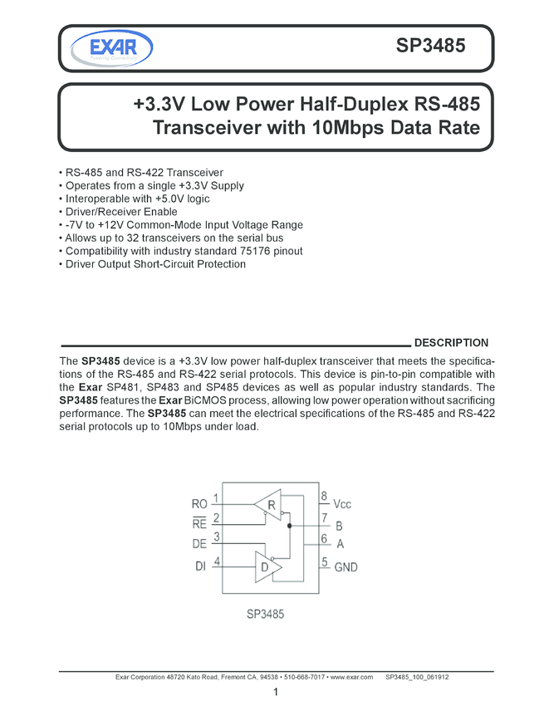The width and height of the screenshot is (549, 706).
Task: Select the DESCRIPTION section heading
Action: pyautogui.click(x=451, y=343)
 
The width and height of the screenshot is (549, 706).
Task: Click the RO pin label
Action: pyautogui.click(x=199, y=503)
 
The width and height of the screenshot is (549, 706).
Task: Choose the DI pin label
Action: pyautogui.click(x=200, y=566)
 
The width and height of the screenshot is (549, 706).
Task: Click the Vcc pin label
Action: pyautogui.click(x=343, y=504)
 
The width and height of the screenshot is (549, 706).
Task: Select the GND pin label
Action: pyautogui.click(x=346, y=566)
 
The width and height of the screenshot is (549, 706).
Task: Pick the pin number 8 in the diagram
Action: pyautogui.click(x=324, y=497)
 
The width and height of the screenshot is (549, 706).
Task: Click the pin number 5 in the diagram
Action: pyautogui.click(x=324, y=562)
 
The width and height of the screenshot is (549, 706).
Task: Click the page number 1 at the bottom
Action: pyautogui.click(x=274, y=692)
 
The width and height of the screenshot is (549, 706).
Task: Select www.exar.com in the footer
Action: pyautogui.click(x=350, y=678)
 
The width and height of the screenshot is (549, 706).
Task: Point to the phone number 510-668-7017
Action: pyautogui.click(x=304, y=678)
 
